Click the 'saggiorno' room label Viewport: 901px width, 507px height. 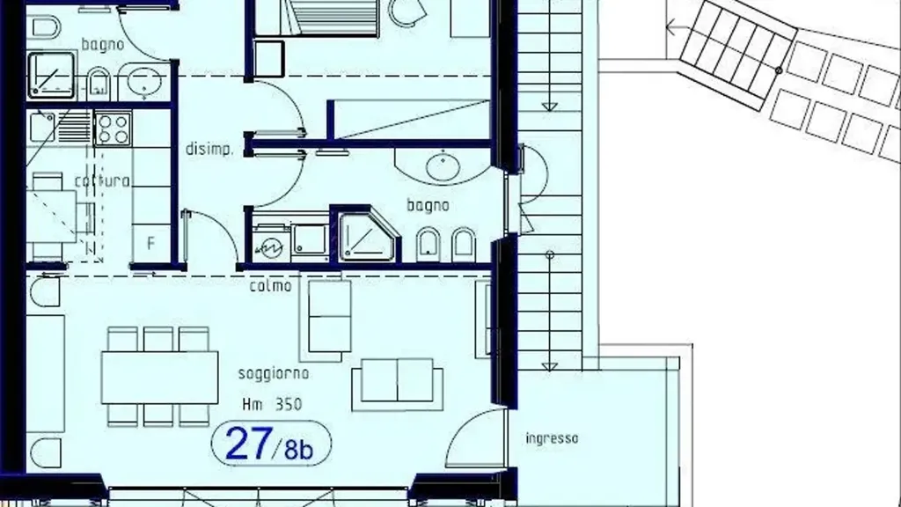(x=274, y=374)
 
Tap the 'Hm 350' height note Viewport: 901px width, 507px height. (x=272, y=405)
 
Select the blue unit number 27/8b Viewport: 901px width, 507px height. (x=270, y=444)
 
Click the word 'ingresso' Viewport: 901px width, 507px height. (x=552, y=438)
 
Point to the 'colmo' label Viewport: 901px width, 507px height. (x=271, y=286)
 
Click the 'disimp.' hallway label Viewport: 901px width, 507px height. (x=209, y=149)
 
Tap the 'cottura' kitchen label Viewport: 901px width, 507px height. (x=102, y=181)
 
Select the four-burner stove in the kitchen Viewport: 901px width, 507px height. (x=114, y=129)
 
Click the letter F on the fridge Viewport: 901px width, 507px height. (x=150, y=243)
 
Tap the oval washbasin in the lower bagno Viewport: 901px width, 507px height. (x=443, y=166)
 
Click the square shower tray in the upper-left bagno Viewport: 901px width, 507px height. (x=51, y=76)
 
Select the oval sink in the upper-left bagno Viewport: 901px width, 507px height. (x=143, y=81)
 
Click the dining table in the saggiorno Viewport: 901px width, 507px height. (x=160, y=378)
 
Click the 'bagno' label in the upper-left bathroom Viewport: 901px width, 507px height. (x=103, y=45)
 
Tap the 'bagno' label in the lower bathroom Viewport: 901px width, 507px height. (x=429, y=205)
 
